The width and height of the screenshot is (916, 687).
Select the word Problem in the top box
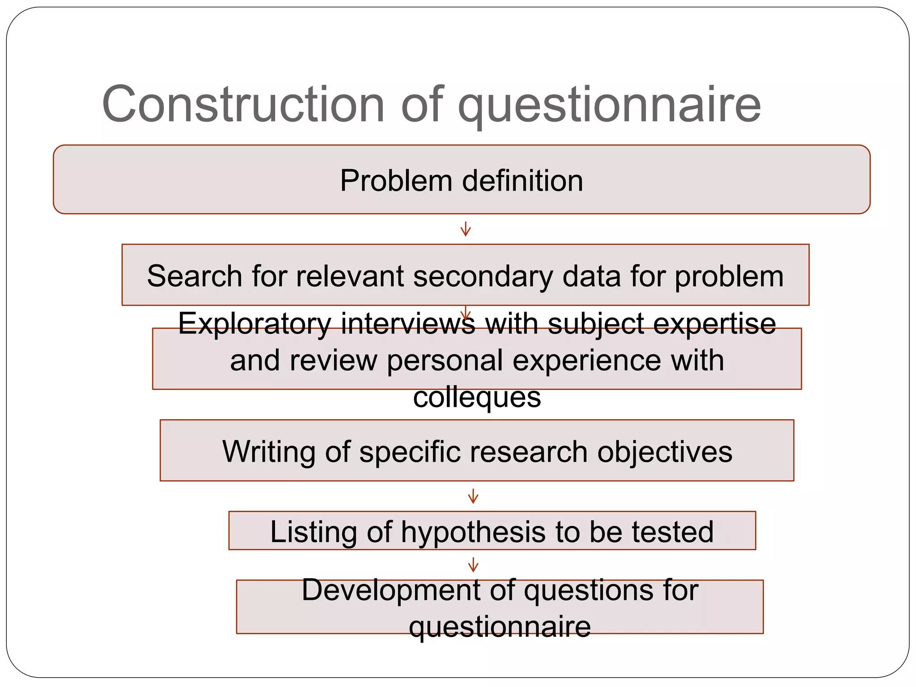tap(396, 181)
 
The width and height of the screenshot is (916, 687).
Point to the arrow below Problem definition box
tap(466, 229)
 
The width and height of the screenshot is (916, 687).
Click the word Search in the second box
tap(194, 276)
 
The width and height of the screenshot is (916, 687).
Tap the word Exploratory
tap(254, 324)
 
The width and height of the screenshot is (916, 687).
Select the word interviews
tap(408, 323)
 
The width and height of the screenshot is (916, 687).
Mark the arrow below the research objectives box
tap(473, 496)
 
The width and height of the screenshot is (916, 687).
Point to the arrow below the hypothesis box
tap(473, 565)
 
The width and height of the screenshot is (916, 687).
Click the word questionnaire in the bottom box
tap(500, 627)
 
